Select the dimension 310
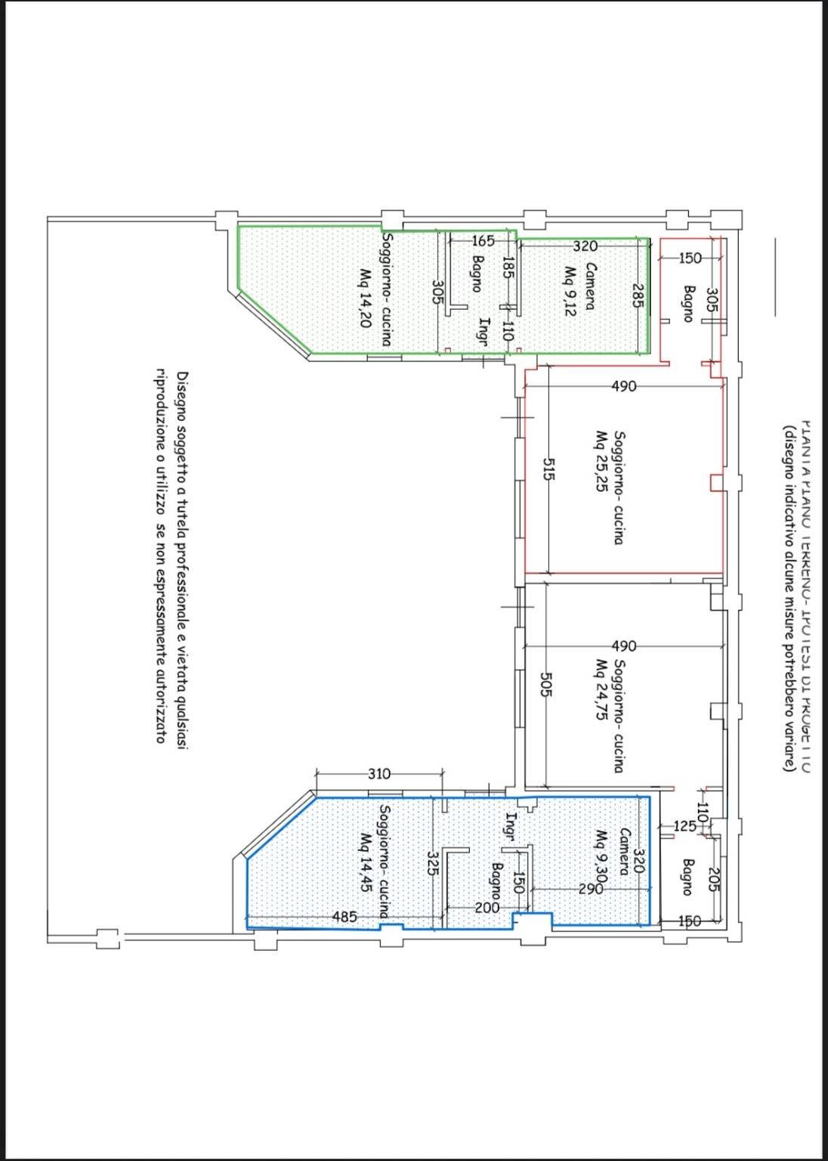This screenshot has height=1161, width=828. click(379, 773)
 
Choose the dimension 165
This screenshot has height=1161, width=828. click(482, 242)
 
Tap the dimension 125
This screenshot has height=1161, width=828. click(684, 826)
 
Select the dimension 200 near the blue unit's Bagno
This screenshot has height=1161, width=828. click(487, 908)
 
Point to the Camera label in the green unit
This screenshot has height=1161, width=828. click(592, 286)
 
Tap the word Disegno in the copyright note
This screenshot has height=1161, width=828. click(182, 399)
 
